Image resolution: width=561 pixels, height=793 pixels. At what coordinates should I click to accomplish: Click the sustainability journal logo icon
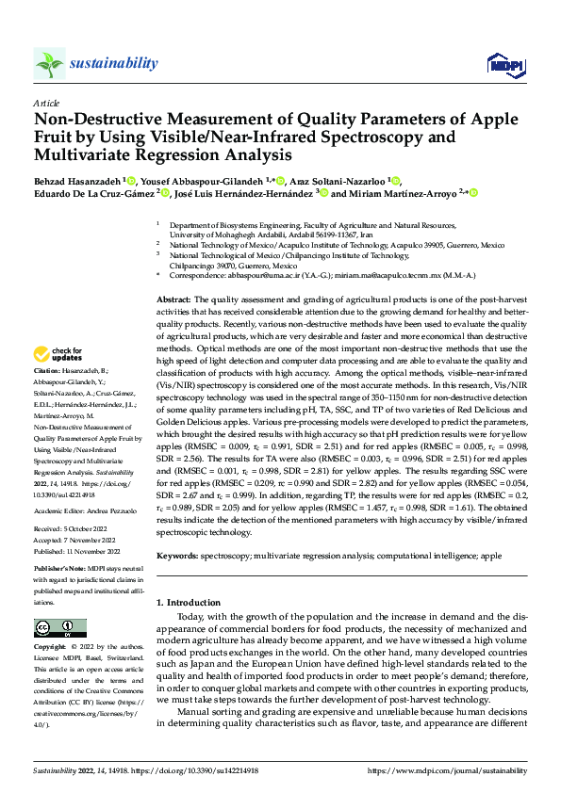coord(49,63)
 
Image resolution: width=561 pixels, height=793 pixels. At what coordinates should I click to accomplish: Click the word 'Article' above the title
coord(45,102)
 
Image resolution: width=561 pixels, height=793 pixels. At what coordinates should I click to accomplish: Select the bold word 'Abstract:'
coord(175,298)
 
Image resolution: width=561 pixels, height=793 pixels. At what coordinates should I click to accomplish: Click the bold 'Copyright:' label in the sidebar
coord(53,647)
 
